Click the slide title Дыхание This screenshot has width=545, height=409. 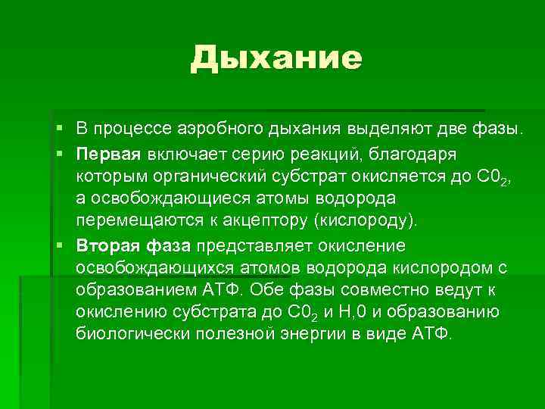point(276,58)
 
